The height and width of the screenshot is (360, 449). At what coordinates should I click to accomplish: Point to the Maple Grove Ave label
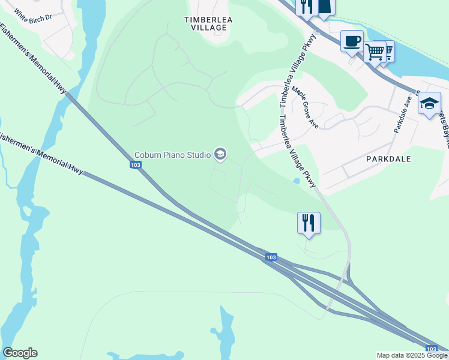click(305, 108)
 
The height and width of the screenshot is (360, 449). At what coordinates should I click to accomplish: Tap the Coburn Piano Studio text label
click(172, 155)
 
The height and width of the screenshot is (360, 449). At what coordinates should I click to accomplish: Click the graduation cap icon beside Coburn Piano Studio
click(220, 155)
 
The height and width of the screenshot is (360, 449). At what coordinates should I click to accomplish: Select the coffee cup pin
click(352, 41)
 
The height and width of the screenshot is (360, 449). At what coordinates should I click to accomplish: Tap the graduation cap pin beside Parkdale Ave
click(429, 103)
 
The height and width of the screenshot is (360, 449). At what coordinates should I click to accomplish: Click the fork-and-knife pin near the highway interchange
click(309, 223)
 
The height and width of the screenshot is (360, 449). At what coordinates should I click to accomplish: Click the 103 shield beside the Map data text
click(431, 349)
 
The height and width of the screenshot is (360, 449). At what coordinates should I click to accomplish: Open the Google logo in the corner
click(20, 353)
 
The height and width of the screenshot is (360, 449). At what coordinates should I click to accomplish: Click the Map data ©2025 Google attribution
click(412, 355)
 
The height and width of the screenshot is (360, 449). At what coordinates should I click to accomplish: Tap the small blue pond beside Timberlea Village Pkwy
click(297, 181)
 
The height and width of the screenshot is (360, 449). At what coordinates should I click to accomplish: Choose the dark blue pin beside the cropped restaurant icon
click(325, 6)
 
